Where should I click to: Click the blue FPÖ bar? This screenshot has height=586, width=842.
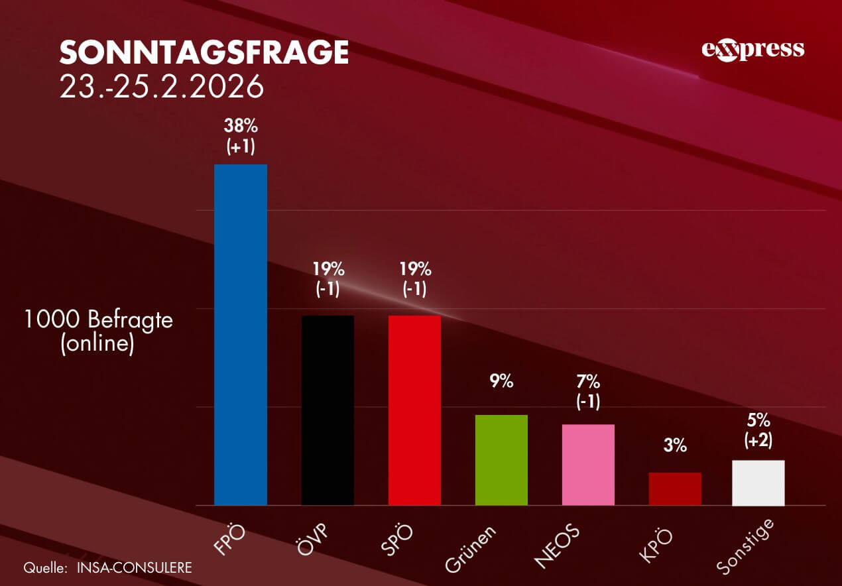coord(241,335)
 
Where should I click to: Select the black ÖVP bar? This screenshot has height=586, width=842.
coord(328,410)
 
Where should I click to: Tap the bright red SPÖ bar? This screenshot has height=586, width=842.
coord(414,410)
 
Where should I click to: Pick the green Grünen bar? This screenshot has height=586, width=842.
coord(501,460)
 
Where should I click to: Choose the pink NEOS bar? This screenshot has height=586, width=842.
coord(588,465)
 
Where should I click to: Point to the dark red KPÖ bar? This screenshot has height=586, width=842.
coord(675,489)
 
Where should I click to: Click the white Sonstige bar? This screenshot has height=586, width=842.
coord(758,483)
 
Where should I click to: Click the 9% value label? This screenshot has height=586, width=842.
coord(502,382)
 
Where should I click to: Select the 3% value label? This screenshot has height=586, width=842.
coord(675,446)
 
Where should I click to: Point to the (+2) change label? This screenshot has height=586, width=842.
coord(758,441)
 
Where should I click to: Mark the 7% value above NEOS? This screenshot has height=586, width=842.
coord(588,382)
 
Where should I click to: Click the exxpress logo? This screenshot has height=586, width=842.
coord(752,50)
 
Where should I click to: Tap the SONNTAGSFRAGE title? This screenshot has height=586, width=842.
coord(204,52)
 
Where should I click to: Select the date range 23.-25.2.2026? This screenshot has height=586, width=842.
coord(162,87)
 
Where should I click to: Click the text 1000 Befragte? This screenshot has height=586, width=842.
coord(98,320)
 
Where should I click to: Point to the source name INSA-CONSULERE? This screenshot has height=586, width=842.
coord(134,568)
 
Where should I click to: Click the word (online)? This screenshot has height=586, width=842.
coord(97,345)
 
